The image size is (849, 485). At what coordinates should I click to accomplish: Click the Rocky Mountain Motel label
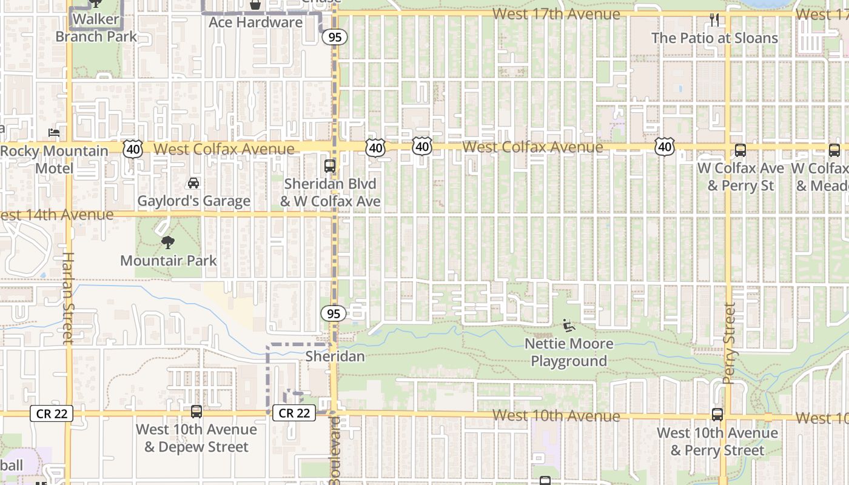pos(55,159)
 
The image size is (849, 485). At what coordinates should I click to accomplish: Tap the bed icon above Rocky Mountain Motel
pos(54,132)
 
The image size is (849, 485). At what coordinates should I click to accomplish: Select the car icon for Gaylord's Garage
pos(193,182)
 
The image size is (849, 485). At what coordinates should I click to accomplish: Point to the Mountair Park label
pos(168,261)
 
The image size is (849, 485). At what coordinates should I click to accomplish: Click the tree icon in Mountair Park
pos(168,242)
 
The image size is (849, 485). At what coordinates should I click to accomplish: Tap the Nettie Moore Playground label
pos(569,352)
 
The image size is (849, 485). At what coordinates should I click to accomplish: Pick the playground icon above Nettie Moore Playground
pos(568,326)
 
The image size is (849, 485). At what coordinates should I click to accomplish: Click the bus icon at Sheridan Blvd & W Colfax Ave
pos(330,166)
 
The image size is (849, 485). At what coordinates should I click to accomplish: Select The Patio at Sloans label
pos(714,38)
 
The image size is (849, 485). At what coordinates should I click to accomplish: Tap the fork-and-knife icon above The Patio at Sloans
pos(714,20)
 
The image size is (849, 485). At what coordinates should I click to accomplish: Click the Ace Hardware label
pos(255,22)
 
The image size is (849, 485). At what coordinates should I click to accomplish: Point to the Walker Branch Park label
pos(96,28)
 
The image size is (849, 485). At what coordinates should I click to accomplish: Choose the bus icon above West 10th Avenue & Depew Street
pos(196,412)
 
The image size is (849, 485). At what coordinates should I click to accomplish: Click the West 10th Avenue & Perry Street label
pos(717,441)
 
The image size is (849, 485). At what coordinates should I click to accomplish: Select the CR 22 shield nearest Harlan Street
pos(52,413)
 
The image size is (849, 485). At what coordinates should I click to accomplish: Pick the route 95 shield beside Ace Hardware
pos(334,37)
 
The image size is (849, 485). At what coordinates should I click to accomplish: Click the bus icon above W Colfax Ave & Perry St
pos(740,150)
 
